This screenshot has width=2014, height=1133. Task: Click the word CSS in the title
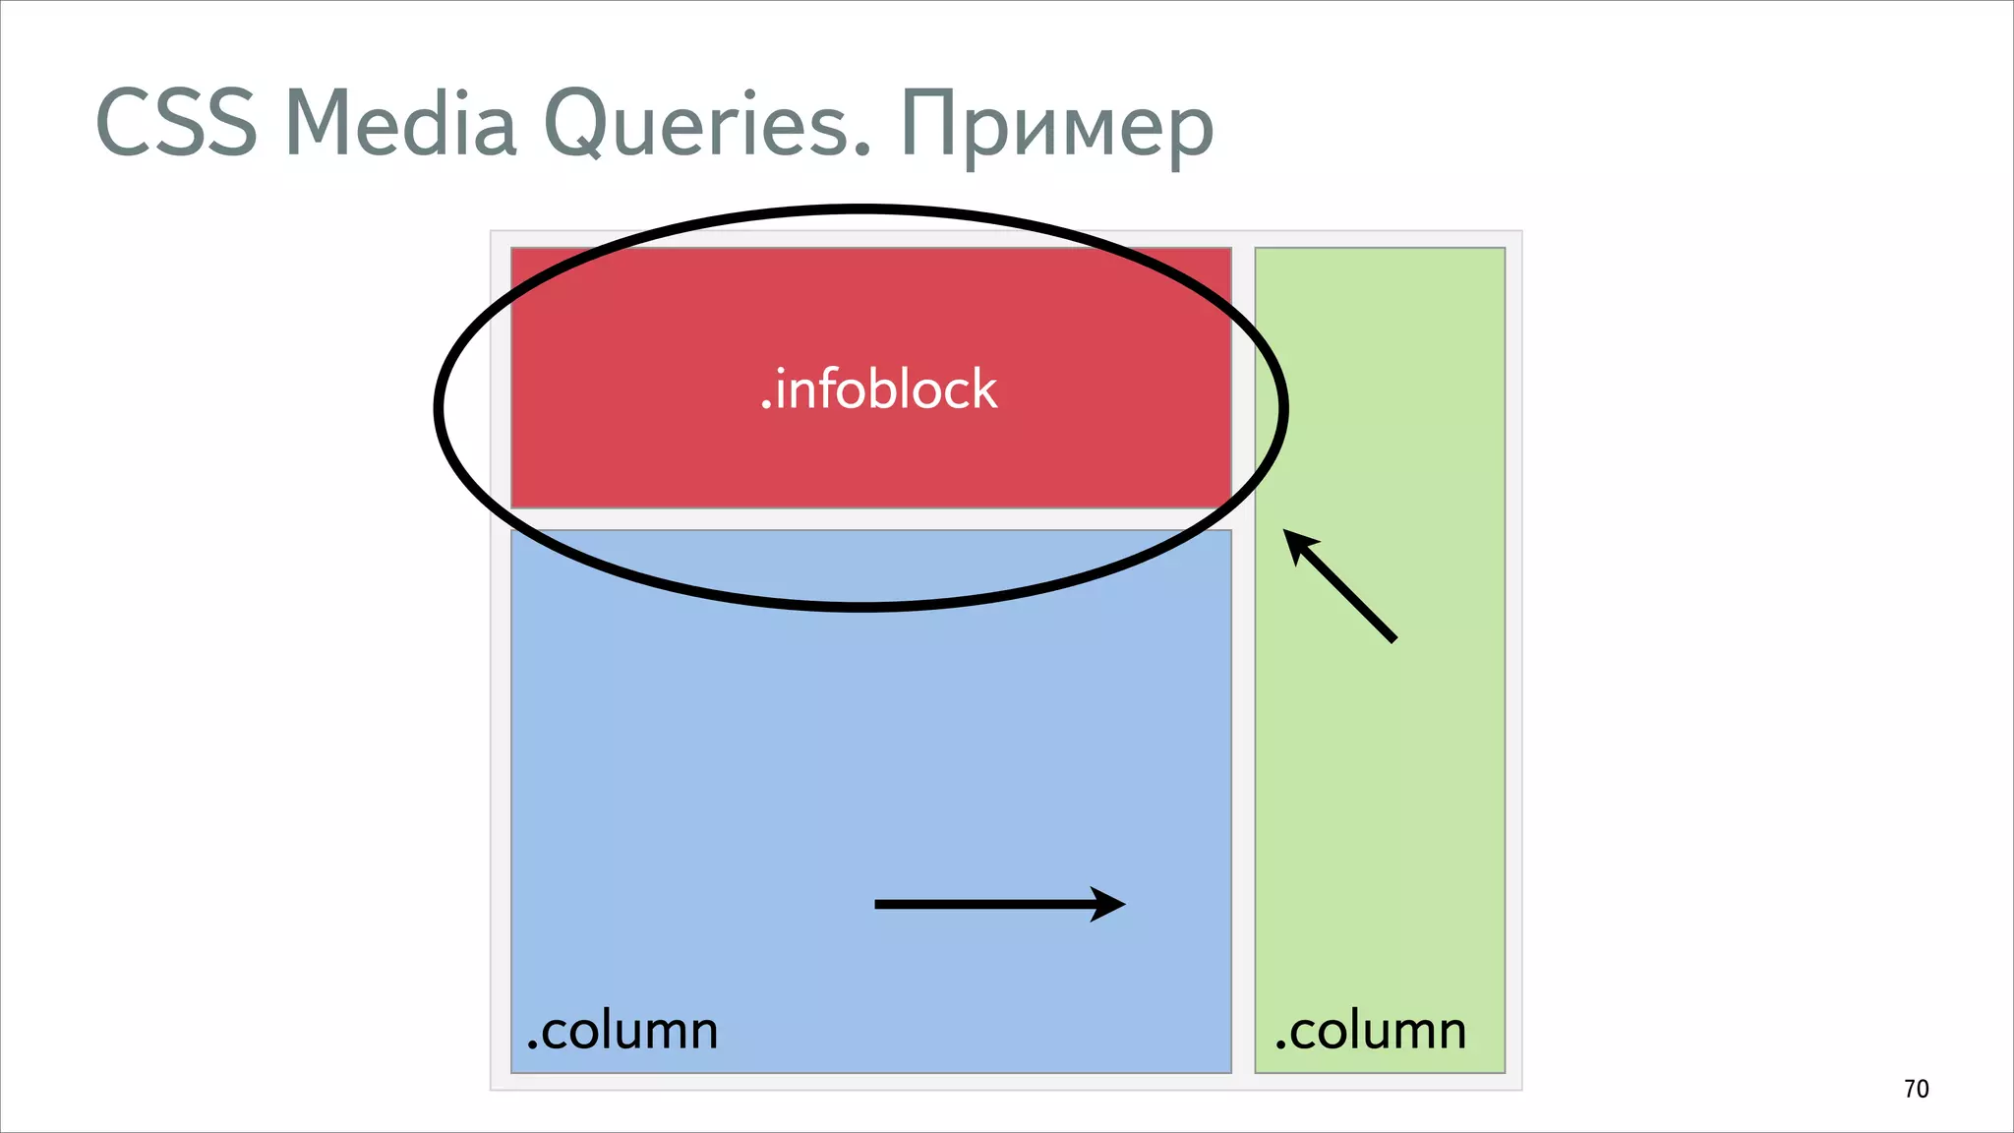tap(176, 123)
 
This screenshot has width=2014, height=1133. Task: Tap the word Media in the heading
tap(400, 123)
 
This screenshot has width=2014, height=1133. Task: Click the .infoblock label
tap(879, 389)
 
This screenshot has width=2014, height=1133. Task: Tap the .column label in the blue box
tap(622, 1031)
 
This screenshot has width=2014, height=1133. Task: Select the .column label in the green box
tap(1371, 1031)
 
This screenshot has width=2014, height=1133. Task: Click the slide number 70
tap(1916, 1089)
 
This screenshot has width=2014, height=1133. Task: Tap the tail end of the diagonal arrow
tap(1392, 639)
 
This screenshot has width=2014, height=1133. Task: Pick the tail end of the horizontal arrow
tap(878, 904)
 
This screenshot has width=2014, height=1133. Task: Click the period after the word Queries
tap(862, 150)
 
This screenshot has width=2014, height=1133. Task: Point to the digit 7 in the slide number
tap(1910, 1089)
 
